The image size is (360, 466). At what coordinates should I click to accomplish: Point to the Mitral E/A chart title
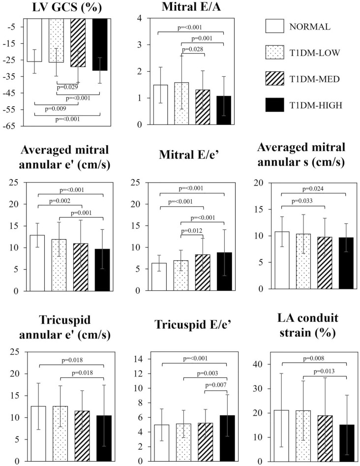click(190, 7)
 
